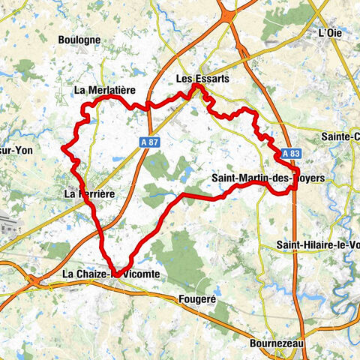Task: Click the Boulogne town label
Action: pyautogui.click(x=79, y=39)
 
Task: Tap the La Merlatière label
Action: pyautogui.click(x=104, y=90)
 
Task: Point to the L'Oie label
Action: pyautogui.click(x=330, y=32)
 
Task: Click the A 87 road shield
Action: pyautogui.click(x=148, y=140)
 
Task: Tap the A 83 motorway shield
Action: pyautogui.click(x=292, y=153)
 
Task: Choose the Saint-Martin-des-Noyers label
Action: pyautogui.click(x=268, y=178)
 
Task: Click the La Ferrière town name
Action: pyautogui.click(x=89, y=193)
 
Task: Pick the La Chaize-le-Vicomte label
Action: pyautogui.click(x=111, y=274)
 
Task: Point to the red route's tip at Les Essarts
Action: pyautogui.click(x=196, y=87)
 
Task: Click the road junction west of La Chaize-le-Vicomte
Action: pyautogui.click(x=33, y=279)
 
